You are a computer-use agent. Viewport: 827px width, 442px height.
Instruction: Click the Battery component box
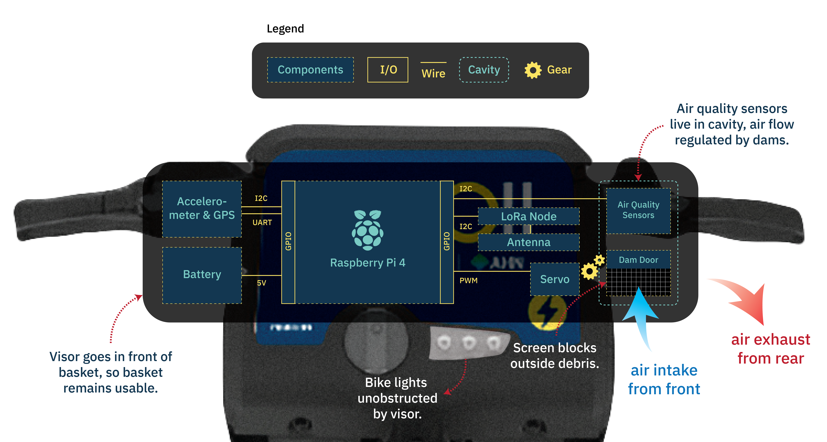coord(202,275)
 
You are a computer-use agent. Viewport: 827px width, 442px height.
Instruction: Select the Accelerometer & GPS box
coord(202,209)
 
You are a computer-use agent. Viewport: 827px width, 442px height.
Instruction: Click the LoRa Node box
coord(529,216)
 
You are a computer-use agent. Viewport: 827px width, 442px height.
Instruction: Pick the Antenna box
coord(529,242)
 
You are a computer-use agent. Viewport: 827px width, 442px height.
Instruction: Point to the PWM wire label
coord(468,281)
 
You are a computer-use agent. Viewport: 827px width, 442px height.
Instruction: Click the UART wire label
coord(262,222)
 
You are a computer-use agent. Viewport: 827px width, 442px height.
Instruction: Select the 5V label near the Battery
coord(261,283)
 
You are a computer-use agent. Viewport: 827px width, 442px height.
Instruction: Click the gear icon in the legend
coord(533,70)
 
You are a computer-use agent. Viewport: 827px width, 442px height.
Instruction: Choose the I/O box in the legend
coord(388,70)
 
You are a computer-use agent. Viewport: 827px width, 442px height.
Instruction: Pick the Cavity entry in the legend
coord(484,70)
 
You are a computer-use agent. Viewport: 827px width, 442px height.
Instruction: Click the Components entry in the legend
coord(310,70)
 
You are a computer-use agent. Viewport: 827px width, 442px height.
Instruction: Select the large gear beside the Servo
coord(589,271)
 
